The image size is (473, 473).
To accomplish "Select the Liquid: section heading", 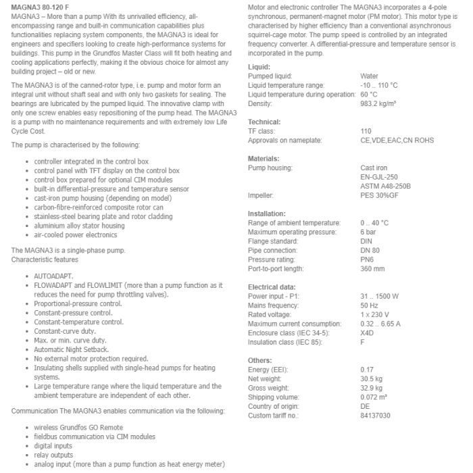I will (259, 67).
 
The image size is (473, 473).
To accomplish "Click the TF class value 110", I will (366, 131).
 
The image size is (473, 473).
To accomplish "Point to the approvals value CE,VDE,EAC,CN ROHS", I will (397, 141).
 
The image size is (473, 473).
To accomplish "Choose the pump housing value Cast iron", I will (374, 168).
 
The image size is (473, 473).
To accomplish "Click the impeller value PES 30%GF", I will (380, 195).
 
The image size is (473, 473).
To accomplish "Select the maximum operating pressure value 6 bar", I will (368, 232).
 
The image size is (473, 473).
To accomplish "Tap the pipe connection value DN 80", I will (370, 250).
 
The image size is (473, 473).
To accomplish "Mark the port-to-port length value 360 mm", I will (372, 268).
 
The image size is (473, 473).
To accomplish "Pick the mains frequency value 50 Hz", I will (370, 305).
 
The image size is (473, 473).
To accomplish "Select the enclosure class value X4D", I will (368, 333).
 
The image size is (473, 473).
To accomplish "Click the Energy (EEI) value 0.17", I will (367, 370).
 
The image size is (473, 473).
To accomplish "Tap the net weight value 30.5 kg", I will (372, 379).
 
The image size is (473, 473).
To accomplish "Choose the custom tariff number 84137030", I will (376, 416).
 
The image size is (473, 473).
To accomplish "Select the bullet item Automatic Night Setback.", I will (72, 349).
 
